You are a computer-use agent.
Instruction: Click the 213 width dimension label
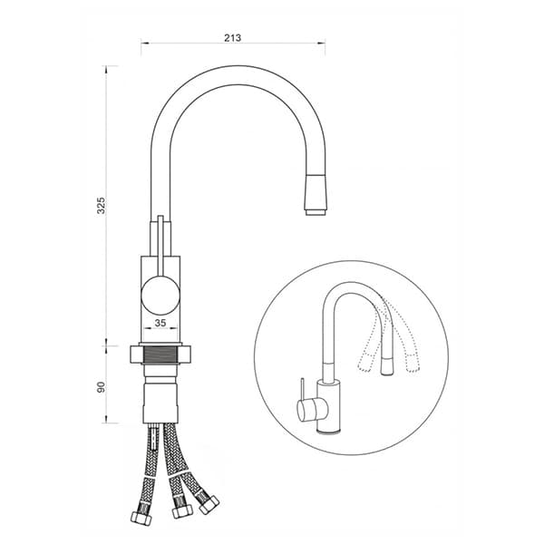click(232, 37)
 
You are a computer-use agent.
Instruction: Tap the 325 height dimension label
click(101, 206)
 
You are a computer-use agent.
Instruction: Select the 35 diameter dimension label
click(160, 323)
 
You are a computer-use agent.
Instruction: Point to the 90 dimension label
click(101, 387)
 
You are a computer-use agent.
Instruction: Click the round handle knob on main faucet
click(160, 296)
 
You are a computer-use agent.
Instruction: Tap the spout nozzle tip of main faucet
click(316, 212)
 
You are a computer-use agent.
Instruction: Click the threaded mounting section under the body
click(160, 355)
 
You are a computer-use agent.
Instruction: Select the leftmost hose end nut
click(141, 519)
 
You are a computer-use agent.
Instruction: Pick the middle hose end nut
click(182, 510)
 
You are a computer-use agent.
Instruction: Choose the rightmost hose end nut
click(209, 505)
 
